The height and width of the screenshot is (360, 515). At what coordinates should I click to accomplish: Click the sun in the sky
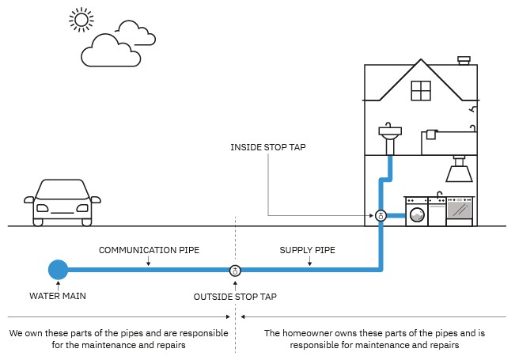[x=80, y=19]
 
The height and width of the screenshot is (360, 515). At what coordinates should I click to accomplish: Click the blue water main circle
[x=58, y=270]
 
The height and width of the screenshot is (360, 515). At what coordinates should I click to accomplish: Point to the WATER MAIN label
[x=58, y=297]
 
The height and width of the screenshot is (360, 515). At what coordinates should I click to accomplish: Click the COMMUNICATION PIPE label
[x=149, y=250]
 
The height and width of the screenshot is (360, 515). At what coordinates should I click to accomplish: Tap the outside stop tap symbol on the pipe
[x=235, y=271]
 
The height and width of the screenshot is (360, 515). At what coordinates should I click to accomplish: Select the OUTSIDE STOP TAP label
[x=235, y=297]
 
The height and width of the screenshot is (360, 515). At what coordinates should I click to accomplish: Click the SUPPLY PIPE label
[x=307, y=250]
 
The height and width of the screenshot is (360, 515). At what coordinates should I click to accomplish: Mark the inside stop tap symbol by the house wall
[x=381, y=215]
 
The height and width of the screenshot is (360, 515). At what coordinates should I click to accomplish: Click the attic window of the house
[x=420, y=90]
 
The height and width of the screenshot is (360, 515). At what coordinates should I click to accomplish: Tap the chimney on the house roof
[x=464, y=61]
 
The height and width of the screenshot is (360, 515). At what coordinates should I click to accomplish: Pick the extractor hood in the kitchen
[x=459, y=171]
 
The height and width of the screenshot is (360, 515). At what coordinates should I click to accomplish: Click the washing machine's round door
[x=416, y=214]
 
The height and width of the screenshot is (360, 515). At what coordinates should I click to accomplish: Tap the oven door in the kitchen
[x=460, y=210]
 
